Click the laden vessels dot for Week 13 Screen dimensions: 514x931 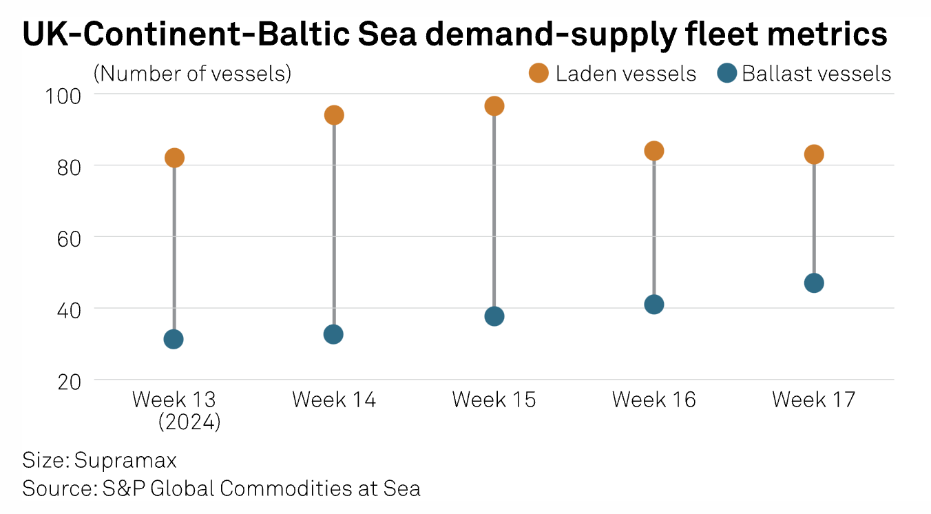tap(174, 158)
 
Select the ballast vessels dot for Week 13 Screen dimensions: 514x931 tap(174, 339)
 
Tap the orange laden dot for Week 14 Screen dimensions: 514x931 tap(334, 115)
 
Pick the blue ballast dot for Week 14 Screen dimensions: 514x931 tap(333, 334)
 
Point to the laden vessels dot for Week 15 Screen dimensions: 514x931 tap(494, 106)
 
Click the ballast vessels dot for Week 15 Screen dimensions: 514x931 tap(494, 316)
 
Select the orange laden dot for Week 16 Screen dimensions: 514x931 tap(654, 151)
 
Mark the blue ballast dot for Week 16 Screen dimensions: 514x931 tap(654, 305)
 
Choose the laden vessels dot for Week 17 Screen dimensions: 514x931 tap(814, 154)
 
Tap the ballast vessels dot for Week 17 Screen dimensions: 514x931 tap(814, 283)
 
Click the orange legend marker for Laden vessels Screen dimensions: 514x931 tap(538, 73)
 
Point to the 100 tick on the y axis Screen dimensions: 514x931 tap(63, 94)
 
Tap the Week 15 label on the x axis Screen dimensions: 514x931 tap(494, 400)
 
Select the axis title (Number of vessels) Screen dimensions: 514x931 tap(192, 73)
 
